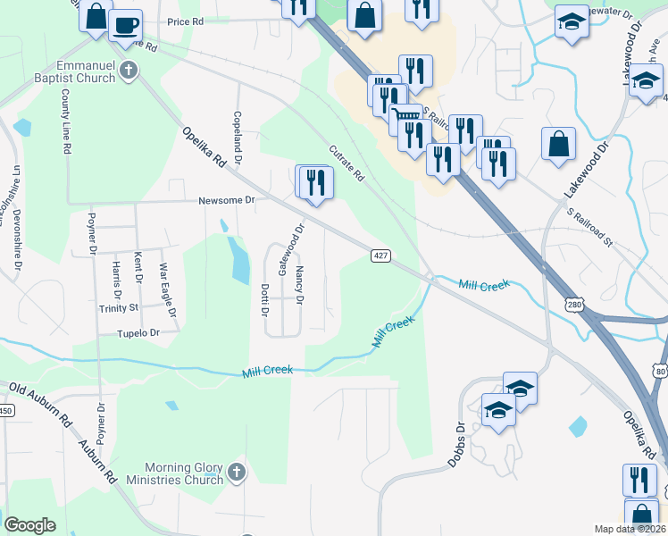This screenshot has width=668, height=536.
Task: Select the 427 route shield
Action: click(x=380, y=256)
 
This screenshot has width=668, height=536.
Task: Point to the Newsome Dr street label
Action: click(x=227, y=200)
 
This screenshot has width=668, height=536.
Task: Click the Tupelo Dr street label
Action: click(x=138, y=332)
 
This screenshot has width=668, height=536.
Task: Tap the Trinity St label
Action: click(x=120, y=308)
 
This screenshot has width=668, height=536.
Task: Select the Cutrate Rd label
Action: click(x=347, y=163)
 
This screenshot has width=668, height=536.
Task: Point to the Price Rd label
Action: click(x=186, y=21)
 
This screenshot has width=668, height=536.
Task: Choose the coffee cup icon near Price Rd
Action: click(x=126, y=25)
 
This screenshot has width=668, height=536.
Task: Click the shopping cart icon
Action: click(x=408, y=116)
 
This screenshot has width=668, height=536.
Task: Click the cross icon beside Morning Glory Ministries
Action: click(x=236, y=471)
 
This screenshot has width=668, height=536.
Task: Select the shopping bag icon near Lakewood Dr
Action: click(x=558, y=144)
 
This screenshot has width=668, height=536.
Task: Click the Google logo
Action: click(x=29, y=525)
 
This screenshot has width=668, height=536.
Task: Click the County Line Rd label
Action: click(x=66, y=128)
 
